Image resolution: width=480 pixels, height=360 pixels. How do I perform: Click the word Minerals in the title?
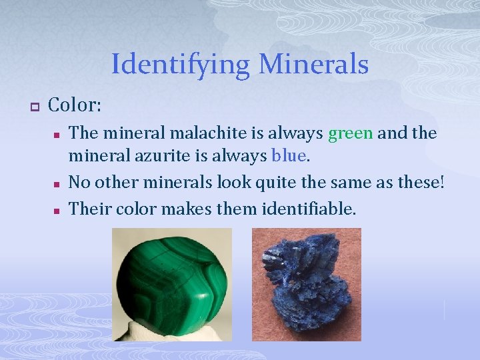[313, 65]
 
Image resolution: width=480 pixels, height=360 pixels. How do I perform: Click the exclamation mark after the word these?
[441, 181]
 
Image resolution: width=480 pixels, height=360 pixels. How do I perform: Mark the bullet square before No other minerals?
[57, 183]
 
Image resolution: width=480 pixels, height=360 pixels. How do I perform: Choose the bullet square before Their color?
[57, 210]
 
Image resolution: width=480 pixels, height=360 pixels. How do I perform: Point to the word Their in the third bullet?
[89, 209]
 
